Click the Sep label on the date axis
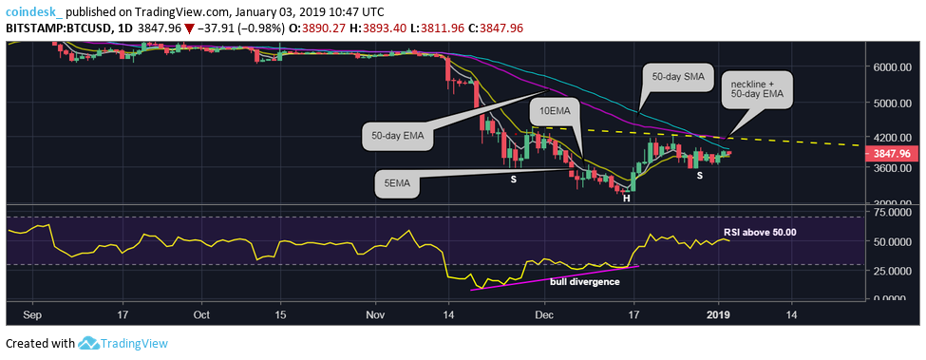point(31,312)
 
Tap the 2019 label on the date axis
point(719,312)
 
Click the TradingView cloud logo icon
point(89,343)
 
